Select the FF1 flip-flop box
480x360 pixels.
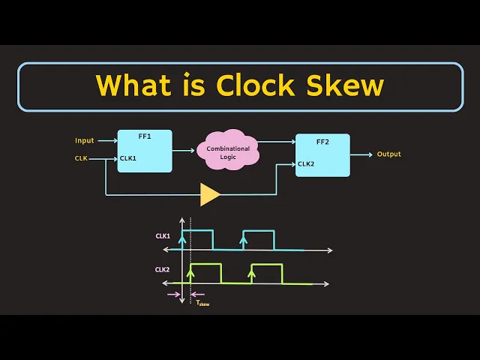pyautogui.click(x=145, y=151)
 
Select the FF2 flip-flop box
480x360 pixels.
pyautogui.click(x=322, y=155)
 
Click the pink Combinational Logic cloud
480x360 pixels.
pyautogui.click(x=228, y=151)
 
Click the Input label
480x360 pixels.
pyautogui.click(x=84, y=140)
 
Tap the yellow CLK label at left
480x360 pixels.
pyautogui.click(x=81, y=158)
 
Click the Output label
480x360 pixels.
pyautogui.click(x=388, y=154)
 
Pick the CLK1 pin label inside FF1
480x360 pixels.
pyautogui.click(x=128, y=158)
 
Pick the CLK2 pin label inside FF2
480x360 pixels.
pyautogui.click(x=305, y=163)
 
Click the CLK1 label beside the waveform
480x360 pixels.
pyautogui.click(x=163, y=235)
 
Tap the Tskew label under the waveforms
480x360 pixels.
pyautogui.click(x=202, y=303)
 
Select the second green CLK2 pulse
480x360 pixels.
pyautogui.click(x=266, y=273)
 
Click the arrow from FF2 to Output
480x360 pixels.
pyautogui.click(x=361, y=155)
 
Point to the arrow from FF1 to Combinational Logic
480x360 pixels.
pyautogui.click(x=184, y=150)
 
